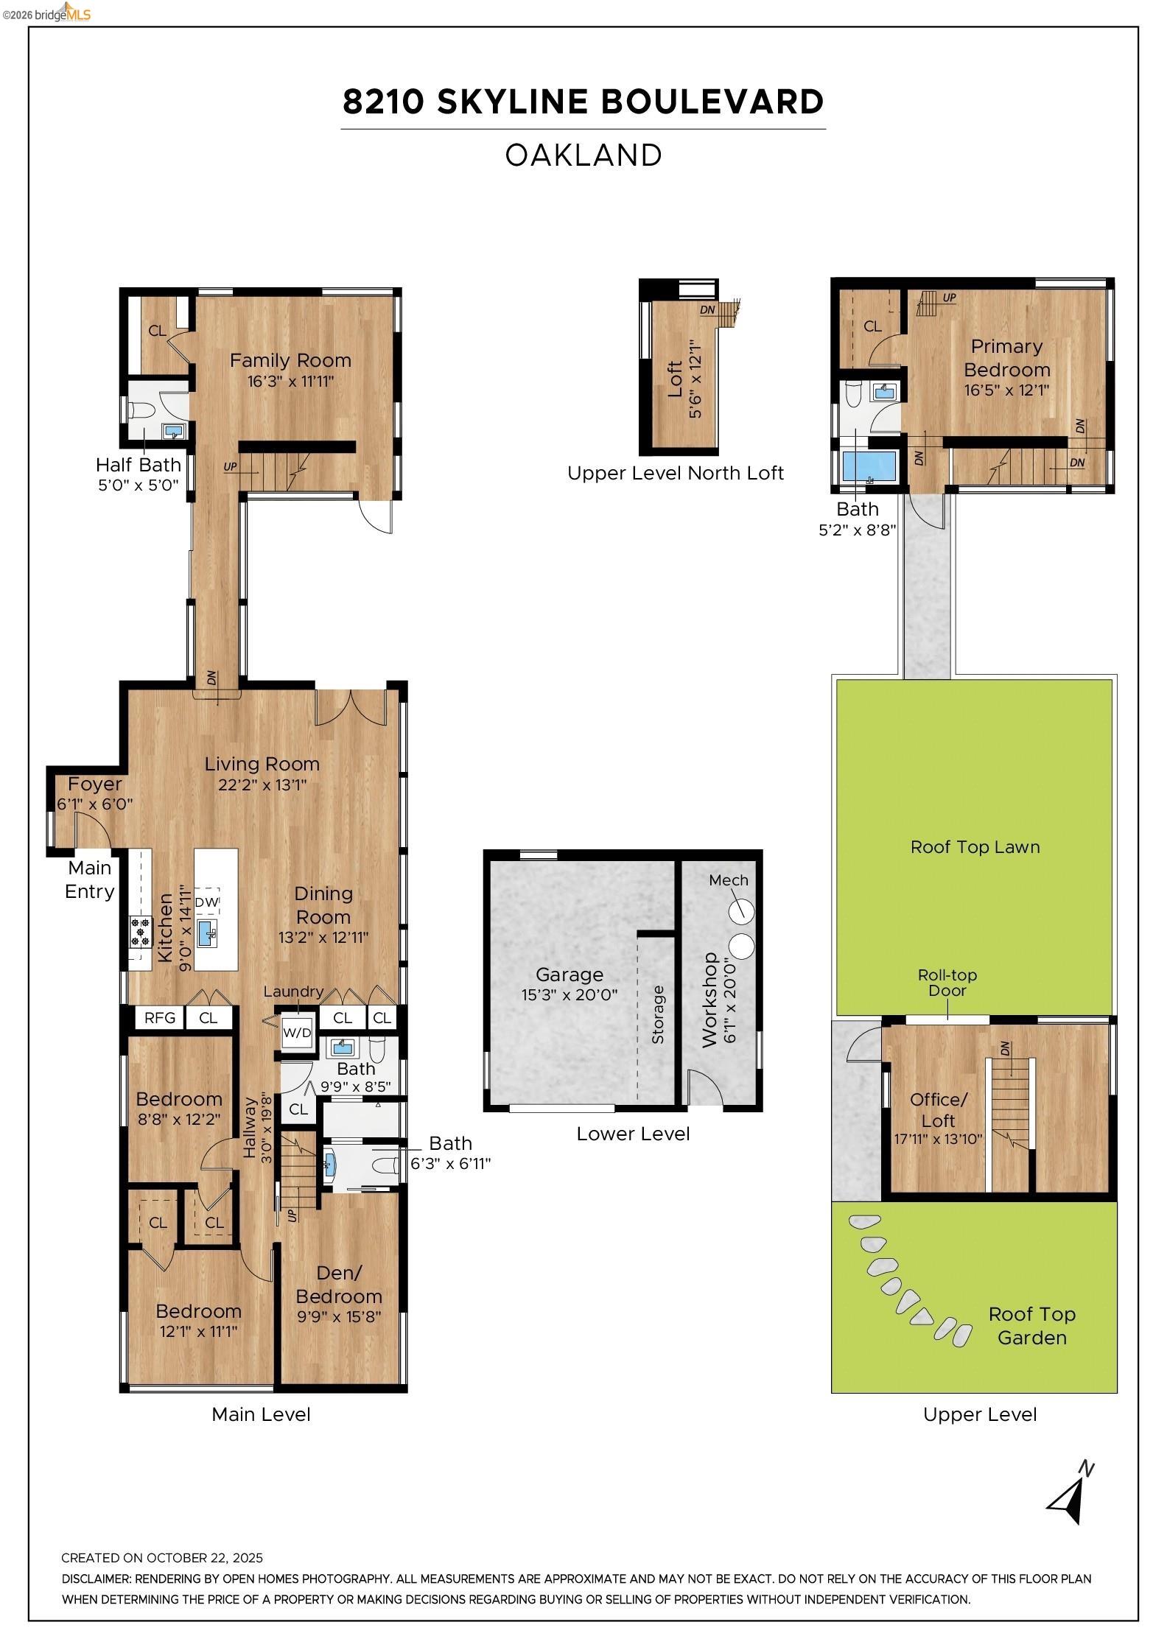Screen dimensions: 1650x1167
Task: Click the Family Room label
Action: [x=290, y=360]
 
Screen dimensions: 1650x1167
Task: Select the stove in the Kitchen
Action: [x=140, y=930]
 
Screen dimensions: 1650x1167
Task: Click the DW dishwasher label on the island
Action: [x=207, y=902]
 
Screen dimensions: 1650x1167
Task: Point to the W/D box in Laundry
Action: [x=297, y=1033]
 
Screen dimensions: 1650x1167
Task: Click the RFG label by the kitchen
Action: [x=159, y=1018]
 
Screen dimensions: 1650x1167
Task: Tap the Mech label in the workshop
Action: [x=728, y=880]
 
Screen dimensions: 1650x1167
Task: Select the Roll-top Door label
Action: [x=947, y=983]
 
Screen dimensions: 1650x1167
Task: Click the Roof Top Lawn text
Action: [x=975, y=847]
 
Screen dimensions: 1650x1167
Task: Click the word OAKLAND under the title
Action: [x=583, y=155]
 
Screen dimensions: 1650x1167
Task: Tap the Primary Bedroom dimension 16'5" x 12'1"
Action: [x=1006, y=390]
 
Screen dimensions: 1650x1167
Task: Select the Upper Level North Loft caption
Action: [x=675, y=473]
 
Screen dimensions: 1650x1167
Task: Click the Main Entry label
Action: [x=89, y=880]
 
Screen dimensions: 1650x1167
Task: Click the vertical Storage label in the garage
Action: [x=658, y=1014]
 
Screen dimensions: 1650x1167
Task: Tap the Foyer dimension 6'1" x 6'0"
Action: [x=95, y=804]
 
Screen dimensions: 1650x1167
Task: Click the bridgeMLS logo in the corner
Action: [x=46, y=13]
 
